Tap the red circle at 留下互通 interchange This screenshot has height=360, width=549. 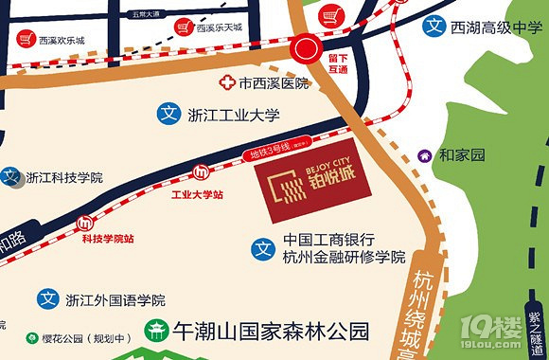(x=307, y=48)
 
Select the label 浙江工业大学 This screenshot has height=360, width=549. (x=232, y=115)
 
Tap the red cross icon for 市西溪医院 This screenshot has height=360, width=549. (x=227, y=83)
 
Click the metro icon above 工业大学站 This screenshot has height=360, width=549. (x=201, y=172)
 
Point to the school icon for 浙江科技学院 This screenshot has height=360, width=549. (x=10, y=176)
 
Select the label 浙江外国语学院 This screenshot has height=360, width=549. (x=115, y=300)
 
